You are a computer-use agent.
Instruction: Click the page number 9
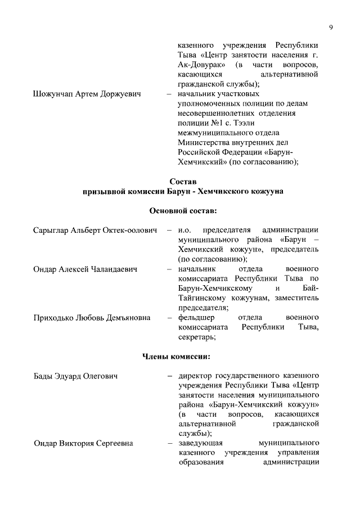pos(331,26)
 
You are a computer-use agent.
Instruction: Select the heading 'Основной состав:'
pos(183,210)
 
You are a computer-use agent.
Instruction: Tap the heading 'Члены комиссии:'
pos(183,356)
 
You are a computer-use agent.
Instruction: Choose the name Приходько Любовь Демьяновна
pos(92,318)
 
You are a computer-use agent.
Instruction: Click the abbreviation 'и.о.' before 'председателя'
pos(185,230)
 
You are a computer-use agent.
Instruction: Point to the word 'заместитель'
pos(295,298)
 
